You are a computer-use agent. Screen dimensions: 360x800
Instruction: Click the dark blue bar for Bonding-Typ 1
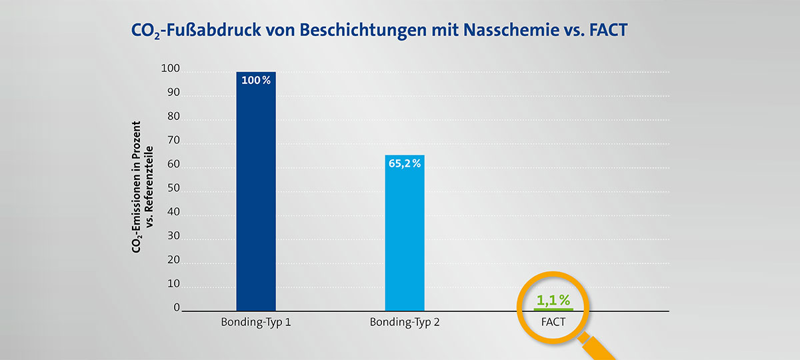(256, 200)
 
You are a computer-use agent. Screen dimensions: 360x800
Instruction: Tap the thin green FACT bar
(553, 309)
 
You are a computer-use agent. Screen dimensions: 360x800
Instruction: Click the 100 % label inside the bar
(256, 81)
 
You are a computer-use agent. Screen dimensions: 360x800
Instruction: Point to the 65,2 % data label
(405, 164)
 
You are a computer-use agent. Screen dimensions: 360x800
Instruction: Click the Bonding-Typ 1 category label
(256, 323)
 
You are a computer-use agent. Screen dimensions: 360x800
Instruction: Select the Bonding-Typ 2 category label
(405, 323)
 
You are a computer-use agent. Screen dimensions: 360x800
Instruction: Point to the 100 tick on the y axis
(171, 69)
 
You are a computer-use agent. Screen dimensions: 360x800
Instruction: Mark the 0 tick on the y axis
(177, 307)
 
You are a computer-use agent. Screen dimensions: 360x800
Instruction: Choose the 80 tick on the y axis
(173, 117)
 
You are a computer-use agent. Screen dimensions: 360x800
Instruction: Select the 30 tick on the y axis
(173, 236)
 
